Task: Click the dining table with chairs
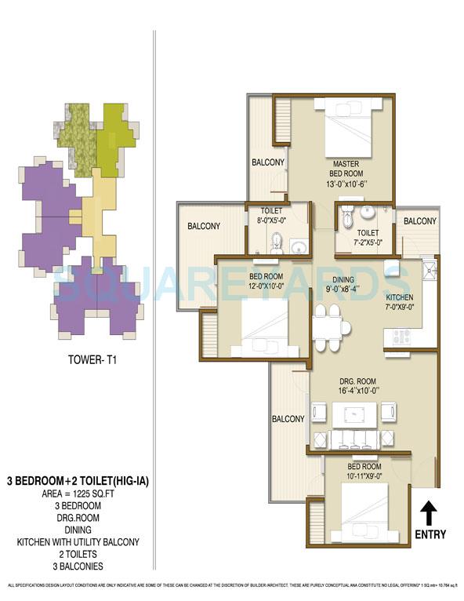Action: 327,320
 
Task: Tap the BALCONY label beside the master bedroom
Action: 267,162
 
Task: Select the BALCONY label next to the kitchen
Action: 419,222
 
